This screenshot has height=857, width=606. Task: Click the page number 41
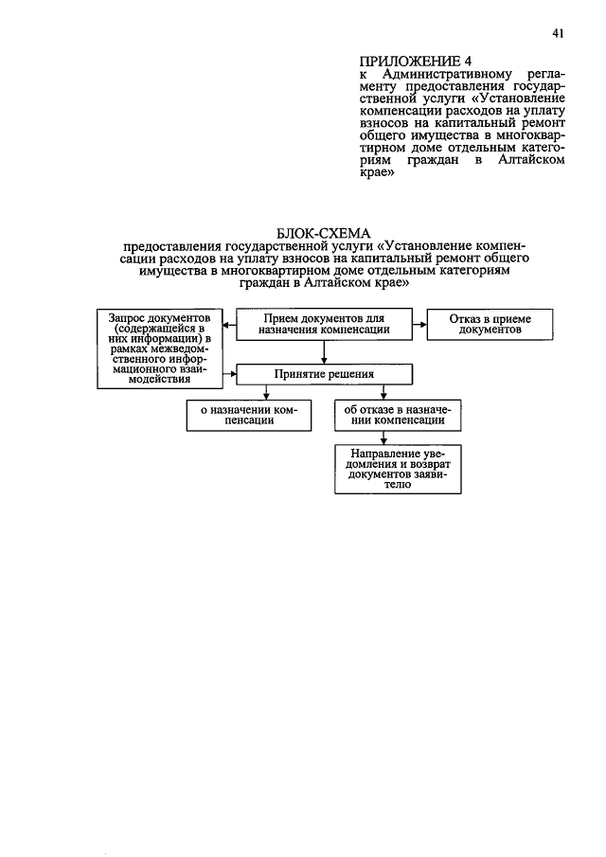point(558,34)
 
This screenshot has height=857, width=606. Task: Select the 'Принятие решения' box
point(325,374)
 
